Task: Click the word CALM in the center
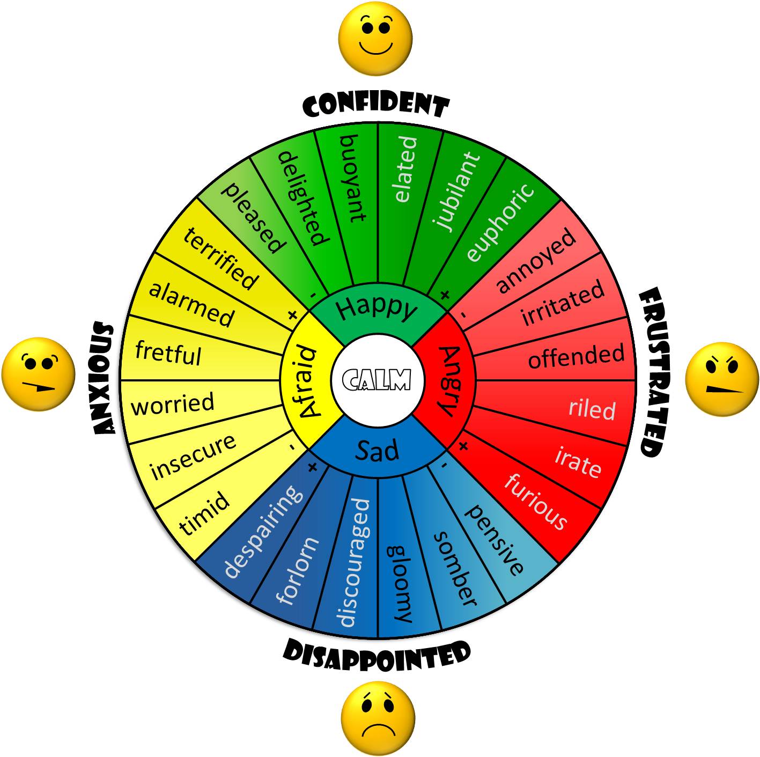click(x=377, y=379)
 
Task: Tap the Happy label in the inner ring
click(x=377, y=308)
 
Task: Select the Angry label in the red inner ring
click(x=449, y=381)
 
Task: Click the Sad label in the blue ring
click(x=377, y=451)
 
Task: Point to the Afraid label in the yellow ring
click(x=306, y=381)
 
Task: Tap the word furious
click(x=536, y=501)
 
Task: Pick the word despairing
click(x=263, y=531)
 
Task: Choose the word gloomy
click(x=399, y=584)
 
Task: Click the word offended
click(x=576, y=356)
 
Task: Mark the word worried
click(x=172, y=403)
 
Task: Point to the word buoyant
click(x=353, y=178)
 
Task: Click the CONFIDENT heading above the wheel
click(x=376, y=105)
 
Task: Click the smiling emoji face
click(x=375, y=38)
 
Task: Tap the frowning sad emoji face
click(x=378, y=718)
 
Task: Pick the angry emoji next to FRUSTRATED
click(x=722, y=379)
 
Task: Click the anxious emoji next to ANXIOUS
click(x=38, y=374)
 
